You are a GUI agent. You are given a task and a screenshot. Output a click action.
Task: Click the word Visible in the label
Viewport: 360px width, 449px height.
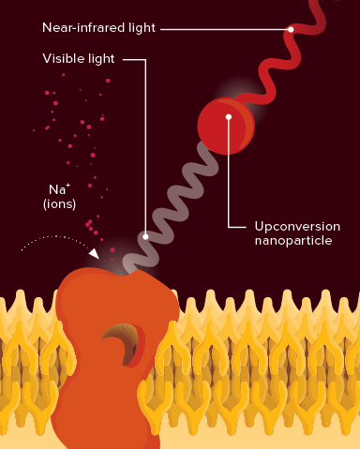62,59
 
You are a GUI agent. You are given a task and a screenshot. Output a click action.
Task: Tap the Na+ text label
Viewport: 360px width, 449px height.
55,188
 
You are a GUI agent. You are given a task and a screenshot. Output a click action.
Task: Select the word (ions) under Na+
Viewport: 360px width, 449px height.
58,202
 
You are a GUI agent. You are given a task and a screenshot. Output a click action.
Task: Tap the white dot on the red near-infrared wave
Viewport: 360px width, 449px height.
291,29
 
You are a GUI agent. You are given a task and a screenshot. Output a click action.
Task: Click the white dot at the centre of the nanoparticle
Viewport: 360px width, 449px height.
228,118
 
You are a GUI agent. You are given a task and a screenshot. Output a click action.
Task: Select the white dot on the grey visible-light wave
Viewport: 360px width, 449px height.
145,236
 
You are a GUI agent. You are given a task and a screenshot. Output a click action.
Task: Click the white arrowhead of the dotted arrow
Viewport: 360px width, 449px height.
93,252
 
